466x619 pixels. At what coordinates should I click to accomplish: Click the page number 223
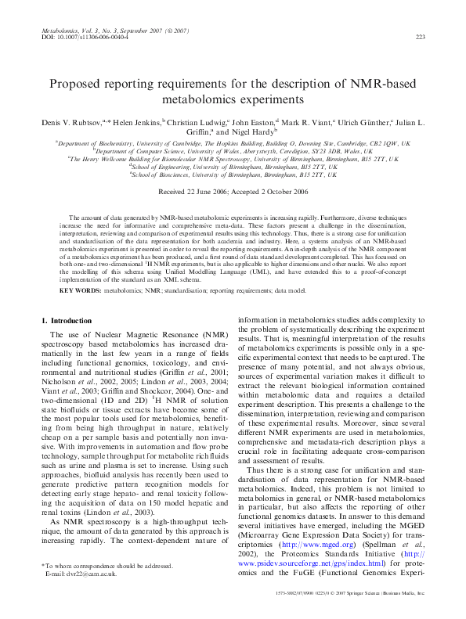[x=420, y=37]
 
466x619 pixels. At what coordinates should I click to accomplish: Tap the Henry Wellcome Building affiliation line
[x=233, y=158]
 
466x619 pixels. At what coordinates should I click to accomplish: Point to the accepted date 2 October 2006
[x=280, y=191]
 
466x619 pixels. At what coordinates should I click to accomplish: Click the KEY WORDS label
[x=81, y=290]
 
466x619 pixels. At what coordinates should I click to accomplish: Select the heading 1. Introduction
[x=71, y=321]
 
